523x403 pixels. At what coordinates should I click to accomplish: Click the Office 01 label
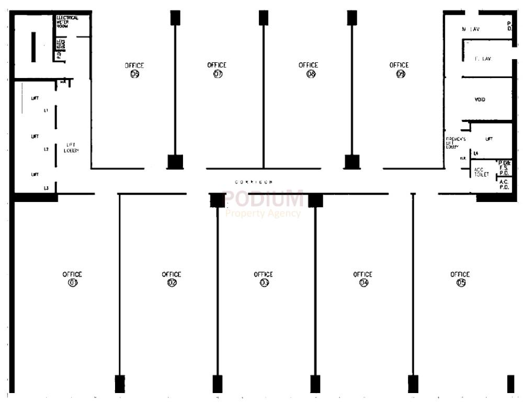click(72, 278)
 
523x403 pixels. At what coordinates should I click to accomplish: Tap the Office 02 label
click(172, 278)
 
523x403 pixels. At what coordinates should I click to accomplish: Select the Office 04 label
click(363, 278)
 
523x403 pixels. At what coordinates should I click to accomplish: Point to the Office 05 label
click(460, 278)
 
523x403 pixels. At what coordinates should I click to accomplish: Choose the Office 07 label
click(217, 70)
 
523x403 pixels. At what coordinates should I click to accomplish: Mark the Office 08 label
click(309, 70)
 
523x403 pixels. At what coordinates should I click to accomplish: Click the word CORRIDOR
click(254, 182)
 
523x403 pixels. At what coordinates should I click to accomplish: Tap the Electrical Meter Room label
click(67, 22)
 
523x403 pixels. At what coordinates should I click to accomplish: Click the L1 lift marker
click(46, 110)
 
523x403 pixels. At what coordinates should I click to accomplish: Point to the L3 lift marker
click(46, 187)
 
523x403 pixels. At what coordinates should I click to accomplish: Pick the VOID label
click(480, 99)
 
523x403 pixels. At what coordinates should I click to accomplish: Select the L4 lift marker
click(475, 153)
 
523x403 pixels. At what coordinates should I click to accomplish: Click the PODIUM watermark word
click(263, 199)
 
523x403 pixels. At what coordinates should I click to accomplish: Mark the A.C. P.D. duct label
click(504, 184)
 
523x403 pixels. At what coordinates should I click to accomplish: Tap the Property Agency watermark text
click(263, 213)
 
